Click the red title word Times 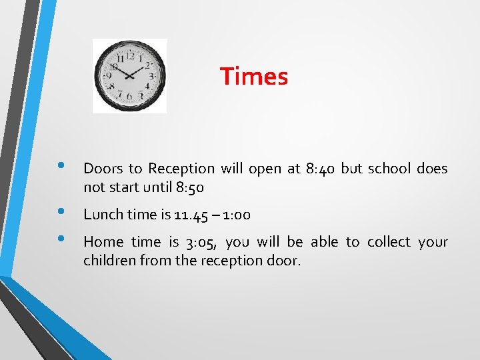coord(254,77)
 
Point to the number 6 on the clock coord(130,97)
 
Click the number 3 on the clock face coord(152,77)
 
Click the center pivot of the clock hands coord(131,75)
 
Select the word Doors coord(100,169)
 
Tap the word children coord(109,260)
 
